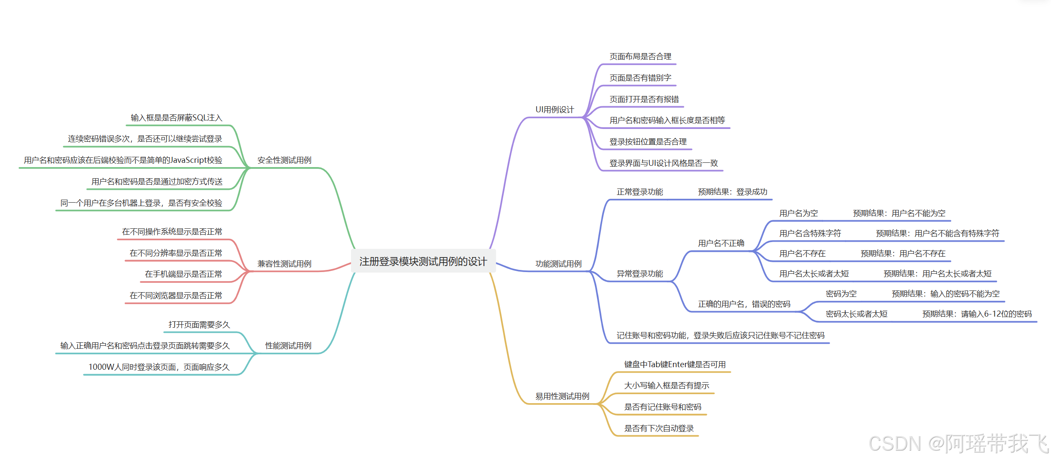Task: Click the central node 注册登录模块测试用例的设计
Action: pos(423,261)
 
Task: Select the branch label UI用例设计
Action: pos(554,110)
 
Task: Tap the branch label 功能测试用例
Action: pos(558,264)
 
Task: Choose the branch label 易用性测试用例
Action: pos(562,396)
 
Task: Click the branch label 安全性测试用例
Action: pos(284,160)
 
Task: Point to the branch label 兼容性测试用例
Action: pos(284,264)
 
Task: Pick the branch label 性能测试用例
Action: pos(288,346)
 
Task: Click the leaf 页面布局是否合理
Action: pos(640,57)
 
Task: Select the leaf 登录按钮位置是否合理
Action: pos(648,142)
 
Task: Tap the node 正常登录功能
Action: pos(640,192)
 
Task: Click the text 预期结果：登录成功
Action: pos(733,192)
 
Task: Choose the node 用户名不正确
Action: pos(721,243)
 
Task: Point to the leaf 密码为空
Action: pos(841,294)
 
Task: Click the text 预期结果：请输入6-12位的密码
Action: pos(977,314)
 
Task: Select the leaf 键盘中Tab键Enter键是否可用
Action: pos(675,365)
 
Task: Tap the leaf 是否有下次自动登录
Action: pos(659,428)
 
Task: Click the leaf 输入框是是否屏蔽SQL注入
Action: pos(176,118)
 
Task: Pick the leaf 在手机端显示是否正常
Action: pos(183,274)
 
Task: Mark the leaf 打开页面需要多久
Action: pos(199,325)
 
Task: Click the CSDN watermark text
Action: pos(958,443)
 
